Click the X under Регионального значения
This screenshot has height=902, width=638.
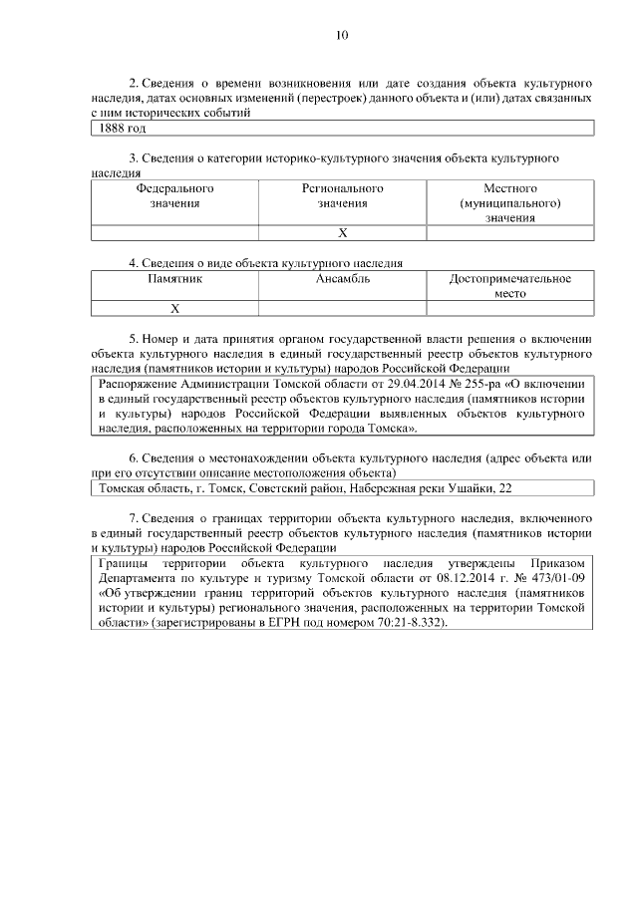pos(342,232)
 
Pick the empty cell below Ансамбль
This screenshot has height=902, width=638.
pos(342,308)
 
